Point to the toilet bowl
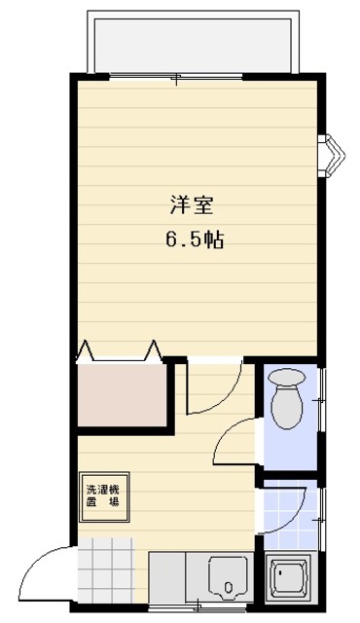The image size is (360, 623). click(x=288, y=401)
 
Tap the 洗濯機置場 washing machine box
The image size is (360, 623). click(x=102, y=496)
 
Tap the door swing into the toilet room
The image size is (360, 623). click(x=235, y=440)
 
